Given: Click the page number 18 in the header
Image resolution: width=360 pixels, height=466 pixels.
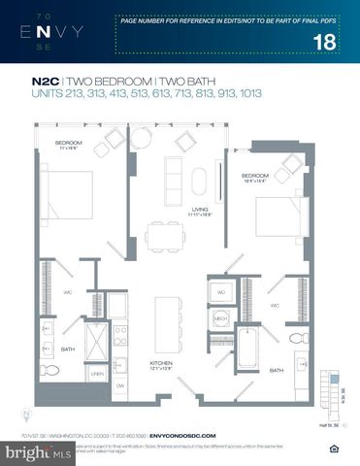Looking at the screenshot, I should coord(328,40).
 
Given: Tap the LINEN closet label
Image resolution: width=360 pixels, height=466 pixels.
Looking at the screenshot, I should coord(98,374).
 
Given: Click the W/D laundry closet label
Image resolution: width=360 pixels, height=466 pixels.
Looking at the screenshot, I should coord(220,291).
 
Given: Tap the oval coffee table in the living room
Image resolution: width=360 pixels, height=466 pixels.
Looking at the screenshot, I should coord(199,183).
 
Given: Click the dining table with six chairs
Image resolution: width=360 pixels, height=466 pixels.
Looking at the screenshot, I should coord(164,234).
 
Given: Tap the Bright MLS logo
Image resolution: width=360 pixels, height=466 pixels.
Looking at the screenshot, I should coord(39,452).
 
